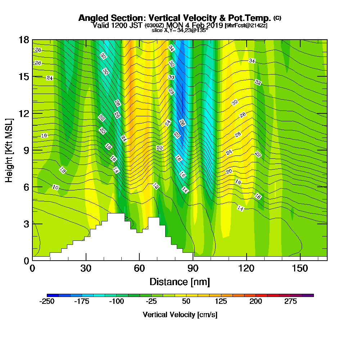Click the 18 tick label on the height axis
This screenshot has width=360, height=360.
pos(24,40)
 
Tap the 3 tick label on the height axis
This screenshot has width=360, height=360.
pos(26,224)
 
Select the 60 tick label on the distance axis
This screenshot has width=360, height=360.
pos(139,268)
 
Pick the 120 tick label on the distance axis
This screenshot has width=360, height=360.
pos(246,268)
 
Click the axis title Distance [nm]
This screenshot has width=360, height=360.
pos(180,282)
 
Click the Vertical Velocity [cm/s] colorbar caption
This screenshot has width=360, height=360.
pos(180,315)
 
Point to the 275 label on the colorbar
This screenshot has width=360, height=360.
pos(291,301)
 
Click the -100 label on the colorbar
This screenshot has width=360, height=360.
pos(116,301)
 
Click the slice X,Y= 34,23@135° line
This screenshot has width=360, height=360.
pos(180,31)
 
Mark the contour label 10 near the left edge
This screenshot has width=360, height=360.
pos(55,187)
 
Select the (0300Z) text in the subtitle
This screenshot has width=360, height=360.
pos(154,26)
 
